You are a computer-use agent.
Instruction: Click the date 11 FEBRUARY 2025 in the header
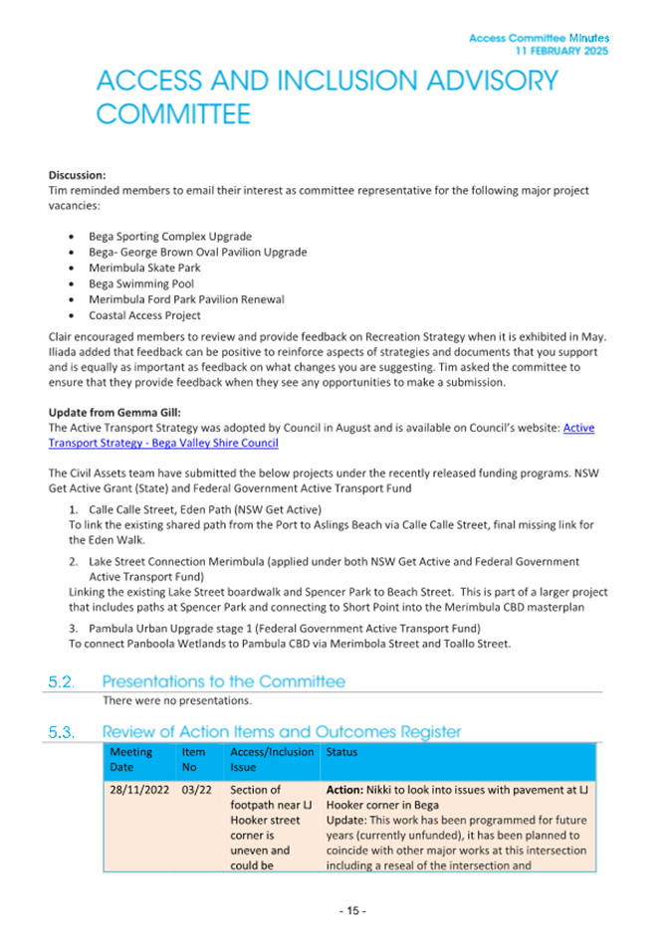tap(562, 50)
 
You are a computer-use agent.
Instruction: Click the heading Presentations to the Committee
tap(224, 682)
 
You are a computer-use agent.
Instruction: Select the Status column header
tap(342, 753)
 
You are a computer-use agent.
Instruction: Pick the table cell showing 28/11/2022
tap(139, 790)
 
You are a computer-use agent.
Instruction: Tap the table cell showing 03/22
tap(197, 790)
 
